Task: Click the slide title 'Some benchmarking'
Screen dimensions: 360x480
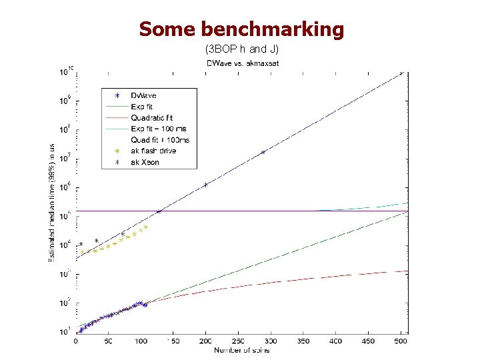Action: (x=241, y=29)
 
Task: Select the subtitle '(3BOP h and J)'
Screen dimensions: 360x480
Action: (x=241, y=49)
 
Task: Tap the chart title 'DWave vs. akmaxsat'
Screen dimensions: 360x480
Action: (x=243, y=63)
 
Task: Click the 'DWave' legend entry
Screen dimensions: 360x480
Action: (x=143, y=96)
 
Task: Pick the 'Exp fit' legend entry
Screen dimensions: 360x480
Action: (x=141, y=107)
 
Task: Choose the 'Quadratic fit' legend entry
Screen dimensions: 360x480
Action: (x=151, y=118)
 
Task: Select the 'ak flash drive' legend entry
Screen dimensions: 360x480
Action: (x=153, y=151)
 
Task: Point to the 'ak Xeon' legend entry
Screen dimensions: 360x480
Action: (x=145, y=162)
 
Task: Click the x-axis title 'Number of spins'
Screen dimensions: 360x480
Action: (x=241, y=350)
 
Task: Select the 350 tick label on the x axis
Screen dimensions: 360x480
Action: (x=303, y=341)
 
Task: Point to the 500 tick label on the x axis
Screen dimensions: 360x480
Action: (x=400, y=341)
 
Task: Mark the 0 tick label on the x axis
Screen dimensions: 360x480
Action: (x=75, y=341)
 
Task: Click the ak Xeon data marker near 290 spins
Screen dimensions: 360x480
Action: (x=263, y=152)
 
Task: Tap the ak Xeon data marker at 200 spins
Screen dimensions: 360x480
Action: (x=205, y=185)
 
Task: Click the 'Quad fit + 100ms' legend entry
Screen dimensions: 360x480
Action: (x=160, y=140)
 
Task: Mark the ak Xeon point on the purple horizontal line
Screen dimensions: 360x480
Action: (x=159, y=211)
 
